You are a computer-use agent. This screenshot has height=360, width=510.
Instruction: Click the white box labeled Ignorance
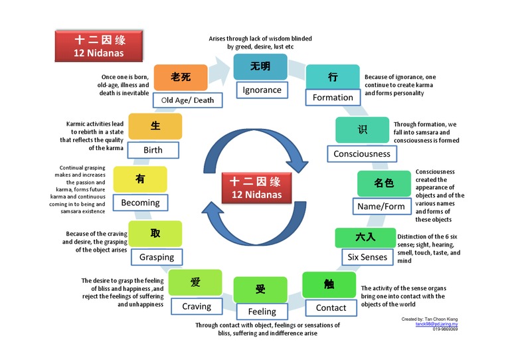[x=262, y=90]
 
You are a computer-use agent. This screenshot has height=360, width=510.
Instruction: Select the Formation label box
[x=333, y=97]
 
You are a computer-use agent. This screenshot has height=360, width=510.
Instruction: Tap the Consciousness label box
[x=362, y=153]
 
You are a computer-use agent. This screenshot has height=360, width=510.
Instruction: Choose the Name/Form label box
[x=381, y=206]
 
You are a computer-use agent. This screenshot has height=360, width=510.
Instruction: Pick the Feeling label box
[x=262, y=311]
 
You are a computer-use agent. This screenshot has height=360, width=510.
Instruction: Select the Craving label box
[x=197, y=306]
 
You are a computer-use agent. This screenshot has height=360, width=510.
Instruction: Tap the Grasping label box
[x=157, y=256]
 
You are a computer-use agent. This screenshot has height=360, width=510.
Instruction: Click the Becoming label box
[x=140, y=202]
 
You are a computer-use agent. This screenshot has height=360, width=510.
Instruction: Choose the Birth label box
[x=153, y=149]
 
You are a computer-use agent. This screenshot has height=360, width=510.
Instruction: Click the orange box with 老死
[x=181, y=77]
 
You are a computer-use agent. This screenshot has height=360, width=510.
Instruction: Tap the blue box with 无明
[x=260, y=67]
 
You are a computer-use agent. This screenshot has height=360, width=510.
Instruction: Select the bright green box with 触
[x=329, y=284]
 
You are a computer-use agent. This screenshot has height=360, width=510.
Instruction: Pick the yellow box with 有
[x=139, y=179]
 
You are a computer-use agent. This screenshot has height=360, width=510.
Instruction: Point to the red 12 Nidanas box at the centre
[x=256, y=187]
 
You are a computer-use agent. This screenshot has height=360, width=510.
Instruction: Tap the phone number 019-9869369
[x=445, y=329]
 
